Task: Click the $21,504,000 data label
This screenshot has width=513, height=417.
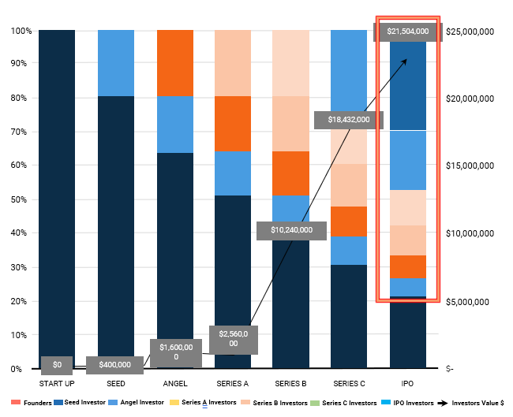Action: (408, 32)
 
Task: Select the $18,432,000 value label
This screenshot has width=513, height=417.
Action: (348, 120)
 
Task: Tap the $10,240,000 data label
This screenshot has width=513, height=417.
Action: (291, 230)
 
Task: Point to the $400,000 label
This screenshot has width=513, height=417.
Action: (115, 365)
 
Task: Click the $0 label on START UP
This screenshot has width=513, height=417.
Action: (57, 365)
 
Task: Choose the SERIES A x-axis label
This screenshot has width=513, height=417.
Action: (232, 384)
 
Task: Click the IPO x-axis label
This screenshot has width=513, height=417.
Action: (408, 384)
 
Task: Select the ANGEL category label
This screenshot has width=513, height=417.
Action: (174, 384)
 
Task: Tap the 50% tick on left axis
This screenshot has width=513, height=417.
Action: (21, 200)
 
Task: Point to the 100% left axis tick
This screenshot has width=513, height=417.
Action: (20, 31)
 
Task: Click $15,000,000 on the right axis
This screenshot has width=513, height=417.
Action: (470, 166)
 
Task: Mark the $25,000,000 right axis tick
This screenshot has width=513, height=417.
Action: (470, 32)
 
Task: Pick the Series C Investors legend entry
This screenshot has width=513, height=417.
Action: (348, 403)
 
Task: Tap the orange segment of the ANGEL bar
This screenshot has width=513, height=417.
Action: (174, 63)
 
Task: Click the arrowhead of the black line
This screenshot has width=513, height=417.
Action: (405, 60)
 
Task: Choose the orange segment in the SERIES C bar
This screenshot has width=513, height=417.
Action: (349, 222)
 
